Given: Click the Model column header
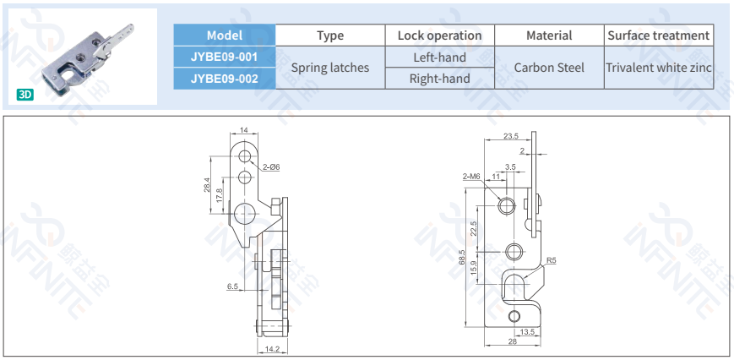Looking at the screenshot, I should pos(224,35).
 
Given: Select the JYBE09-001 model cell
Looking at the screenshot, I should pos(224,57).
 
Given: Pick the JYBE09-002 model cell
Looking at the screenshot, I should pos(224,79).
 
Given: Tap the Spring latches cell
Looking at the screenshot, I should pos(330,68).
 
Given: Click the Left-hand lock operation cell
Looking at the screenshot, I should pos(439,57).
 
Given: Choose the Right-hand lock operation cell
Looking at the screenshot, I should pos(439,79).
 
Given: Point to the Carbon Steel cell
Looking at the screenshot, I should pos(549,68).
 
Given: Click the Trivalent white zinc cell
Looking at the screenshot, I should pos(659,68).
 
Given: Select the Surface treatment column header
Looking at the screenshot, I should pos(659,35).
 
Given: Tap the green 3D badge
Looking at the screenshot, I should pos(25,95).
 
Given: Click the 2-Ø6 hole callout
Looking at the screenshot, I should pos(270,167).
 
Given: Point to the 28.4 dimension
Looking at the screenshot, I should pos(207,184).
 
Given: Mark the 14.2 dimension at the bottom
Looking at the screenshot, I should pos(271,348).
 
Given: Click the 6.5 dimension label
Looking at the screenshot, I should pos(232,286).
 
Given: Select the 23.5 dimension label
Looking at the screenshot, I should pos(511,135).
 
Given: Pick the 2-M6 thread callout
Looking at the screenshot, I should pos(470,176).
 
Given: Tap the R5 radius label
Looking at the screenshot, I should pos(551,260).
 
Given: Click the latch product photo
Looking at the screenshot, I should pos(84,55).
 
